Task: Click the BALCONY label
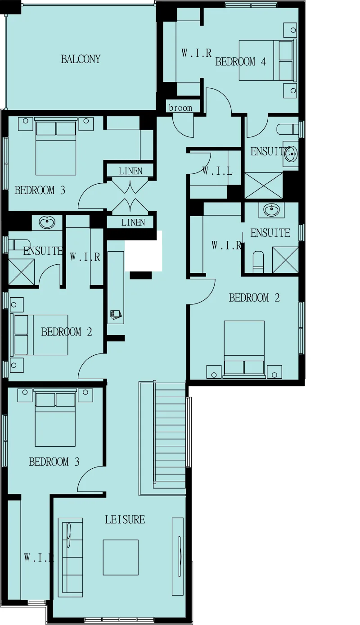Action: tap(81, 59)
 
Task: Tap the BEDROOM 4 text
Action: tap(241, 61)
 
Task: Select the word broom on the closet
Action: tap(180, 108)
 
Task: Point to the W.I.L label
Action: tap(217, 171)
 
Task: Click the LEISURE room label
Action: tap(125, 519)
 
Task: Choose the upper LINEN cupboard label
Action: tap(130, 171)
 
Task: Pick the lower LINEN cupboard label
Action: tap(133, 222)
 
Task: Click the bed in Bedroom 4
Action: tap(267, 60)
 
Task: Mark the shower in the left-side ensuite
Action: tap(22, 272)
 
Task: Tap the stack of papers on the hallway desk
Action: tap(116, 314)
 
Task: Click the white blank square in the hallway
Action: tap(144, 251)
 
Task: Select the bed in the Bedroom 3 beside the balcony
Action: tap(56, 146)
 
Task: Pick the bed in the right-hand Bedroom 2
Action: tap(244, 349)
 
